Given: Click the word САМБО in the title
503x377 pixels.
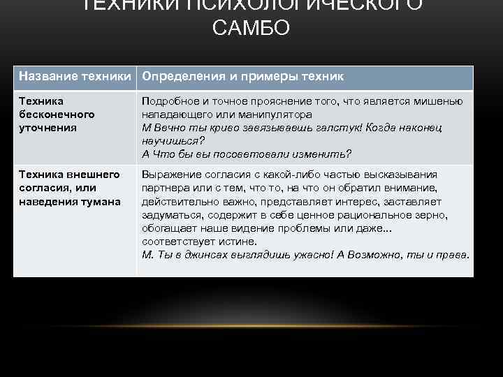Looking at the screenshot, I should (x=251, y=30).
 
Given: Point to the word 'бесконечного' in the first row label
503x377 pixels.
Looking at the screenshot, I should (x=57, y=113).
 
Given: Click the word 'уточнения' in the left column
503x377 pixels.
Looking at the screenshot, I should (x=48, y=127).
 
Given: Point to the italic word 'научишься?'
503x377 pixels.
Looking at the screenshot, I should (x=168, y=140).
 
